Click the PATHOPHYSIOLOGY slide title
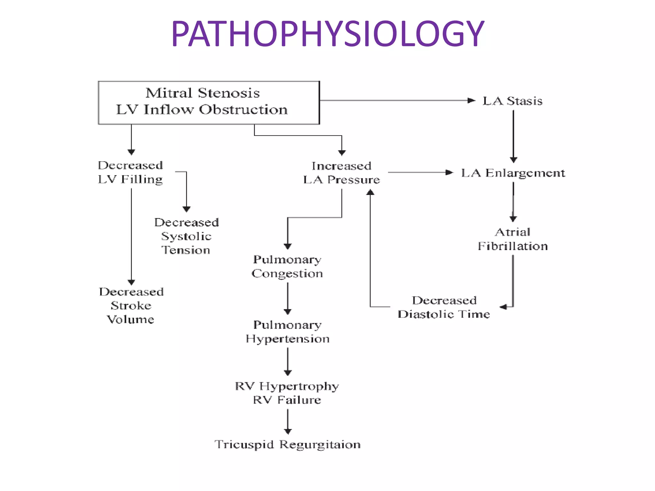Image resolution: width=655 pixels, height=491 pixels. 327,34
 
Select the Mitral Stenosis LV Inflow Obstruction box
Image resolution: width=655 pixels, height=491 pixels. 209,102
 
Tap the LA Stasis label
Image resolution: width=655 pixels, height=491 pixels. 512,101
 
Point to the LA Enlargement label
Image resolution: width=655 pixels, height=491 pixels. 513,173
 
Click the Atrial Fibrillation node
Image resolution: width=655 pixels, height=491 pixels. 513,239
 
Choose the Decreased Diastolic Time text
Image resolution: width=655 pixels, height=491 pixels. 444,307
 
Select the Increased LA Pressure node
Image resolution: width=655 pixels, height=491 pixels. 342,173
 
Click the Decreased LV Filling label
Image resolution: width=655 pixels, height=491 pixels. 130,172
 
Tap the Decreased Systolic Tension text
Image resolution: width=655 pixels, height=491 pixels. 186,236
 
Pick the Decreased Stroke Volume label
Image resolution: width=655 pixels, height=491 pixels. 131,306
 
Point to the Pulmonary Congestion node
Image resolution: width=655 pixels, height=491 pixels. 287,266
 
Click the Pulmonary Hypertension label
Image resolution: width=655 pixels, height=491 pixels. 288,332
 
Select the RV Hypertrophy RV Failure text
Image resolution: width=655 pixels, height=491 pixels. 287,393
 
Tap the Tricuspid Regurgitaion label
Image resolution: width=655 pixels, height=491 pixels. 288,444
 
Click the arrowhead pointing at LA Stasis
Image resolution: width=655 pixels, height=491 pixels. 471,101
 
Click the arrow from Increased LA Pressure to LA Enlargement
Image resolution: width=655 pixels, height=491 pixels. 420,173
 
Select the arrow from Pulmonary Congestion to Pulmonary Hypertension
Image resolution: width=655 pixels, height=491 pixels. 288,298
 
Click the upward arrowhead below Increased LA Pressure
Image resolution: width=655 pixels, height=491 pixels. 370,192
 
